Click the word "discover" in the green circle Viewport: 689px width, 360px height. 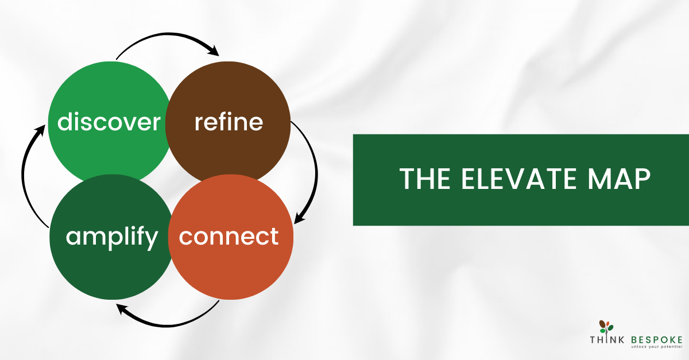tap(109, 122)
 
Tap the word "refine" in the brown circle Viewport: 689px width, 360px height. tap(229, 122)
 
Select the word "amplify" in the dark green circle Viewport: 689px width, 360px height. tap(112, 238)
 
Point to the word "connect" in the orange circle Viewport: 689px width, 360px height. tap(229, 237)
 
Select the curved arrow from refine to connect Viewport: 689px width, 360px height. tap(316, 172)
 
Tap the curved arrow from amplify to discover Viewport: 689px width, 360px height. tap(22, 175)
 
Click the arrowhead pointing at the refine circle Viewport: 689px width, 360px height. tap(214, 50)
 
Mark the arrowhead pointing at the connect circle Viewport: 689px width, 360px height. tap(299, 217)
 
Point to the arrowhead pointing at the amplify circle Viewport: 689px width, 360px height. tap(122, 309)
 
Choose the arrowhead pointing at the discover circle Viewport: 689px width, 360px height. tap(40, 130)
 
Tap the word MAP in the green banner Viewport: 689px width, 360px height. tap(619, 179)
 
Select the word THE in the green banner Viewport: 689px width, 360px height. tap(425, 179)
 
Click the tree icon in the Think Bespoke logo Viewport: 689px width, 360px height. tap(606, 328)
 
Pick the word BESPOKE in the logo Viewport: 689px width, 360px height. tap(657, 340)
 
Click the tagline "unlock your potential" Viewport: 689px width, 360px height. tap(657, 347)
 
